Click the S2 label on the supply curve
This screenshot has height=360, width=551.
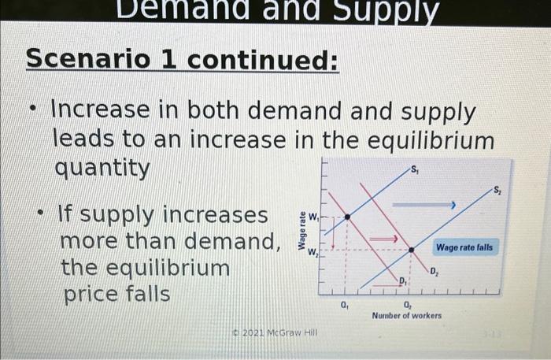497,190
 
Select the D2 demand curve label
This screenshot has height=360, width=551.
435,273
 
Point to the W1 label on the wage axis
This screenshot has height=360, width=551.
313,215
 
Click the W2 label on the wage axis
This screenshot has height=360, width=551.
312,251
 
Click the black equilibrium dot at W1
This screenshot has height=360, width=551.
346,216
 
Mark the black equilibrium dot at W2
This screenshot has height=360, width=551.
411,250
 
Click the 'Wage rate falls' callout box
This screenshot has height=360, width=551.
465,247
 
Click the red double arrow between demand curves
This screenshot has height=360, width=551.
383,237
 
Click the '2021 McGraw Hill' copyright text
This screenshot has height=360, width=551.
275,333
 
